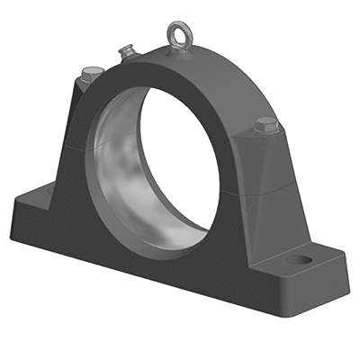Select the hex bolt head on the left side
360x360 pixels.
(88, 75)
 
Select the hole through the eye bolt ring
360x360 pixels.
(176, 31)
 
